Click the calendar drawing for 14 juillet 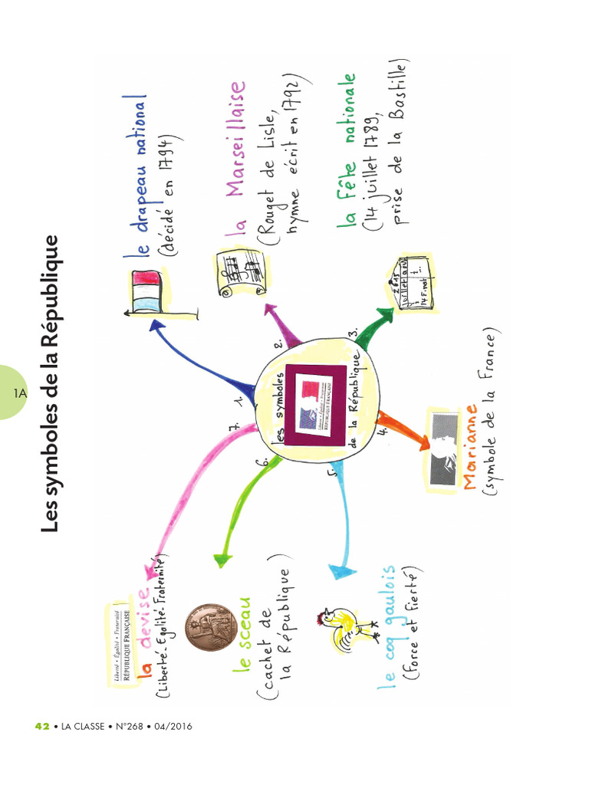coord(411,283)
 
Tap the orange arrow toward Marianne coord(403,431)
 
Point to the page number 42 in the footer coord(43,726)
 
